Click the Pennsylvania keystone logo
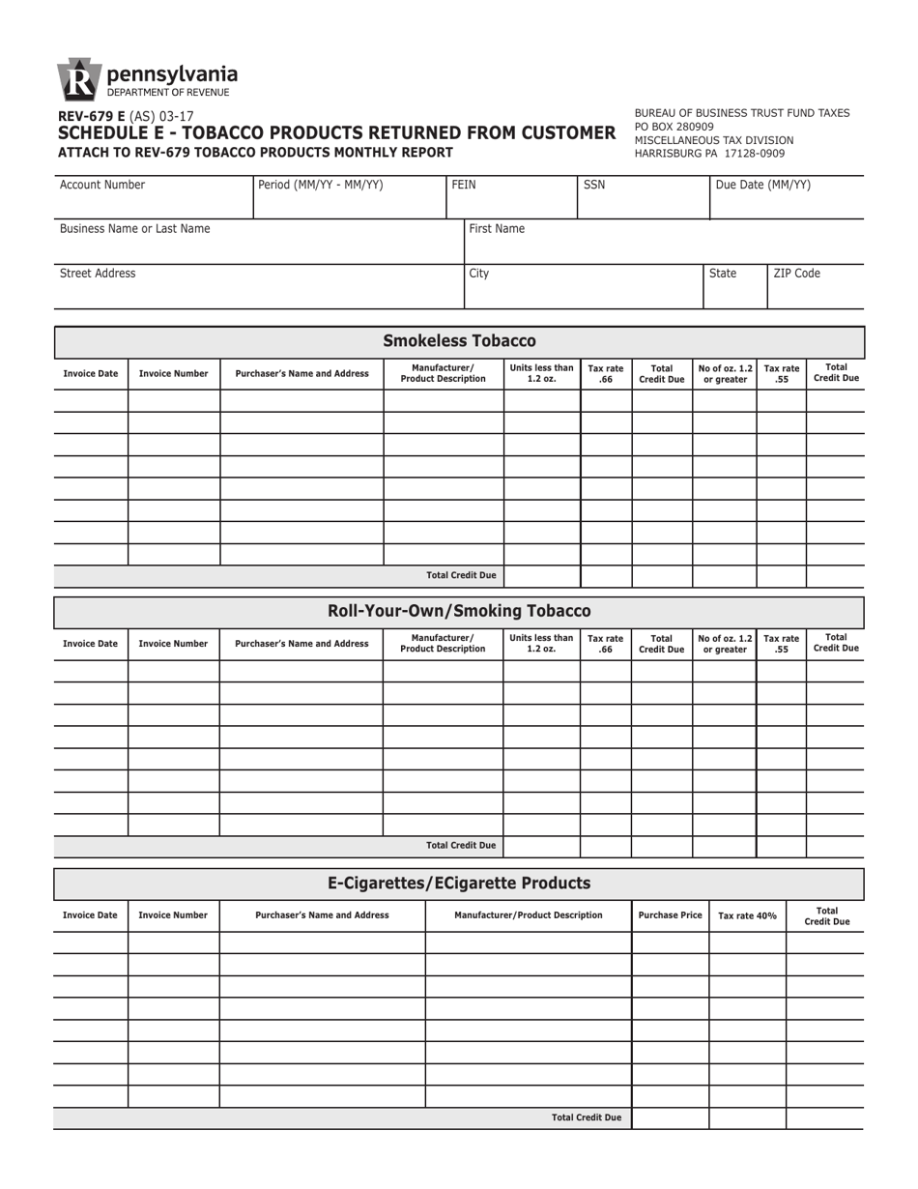78,80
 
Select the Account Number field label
102,185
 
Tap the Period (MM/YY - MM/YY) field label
321,185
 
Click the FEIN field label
465,185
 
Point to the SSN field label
594,185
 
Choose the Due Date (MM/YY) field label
763,185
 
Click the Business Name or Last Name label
134,229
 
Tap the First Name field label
497,229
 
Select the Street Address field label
98,274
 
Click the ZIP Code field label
796,274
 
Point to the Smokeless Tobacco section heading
459,340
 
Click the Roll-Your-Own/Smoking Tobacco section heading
459,611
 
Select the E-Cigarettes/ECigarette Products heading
459,883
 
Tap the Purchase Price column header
670,915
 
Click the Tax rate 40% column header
747,915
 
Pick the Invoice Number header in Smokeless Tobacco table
174,373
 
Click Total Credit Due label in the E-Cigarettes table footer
587,1117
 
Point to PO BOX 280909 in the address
674,127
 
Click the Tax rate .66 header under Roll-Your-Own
606,644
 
